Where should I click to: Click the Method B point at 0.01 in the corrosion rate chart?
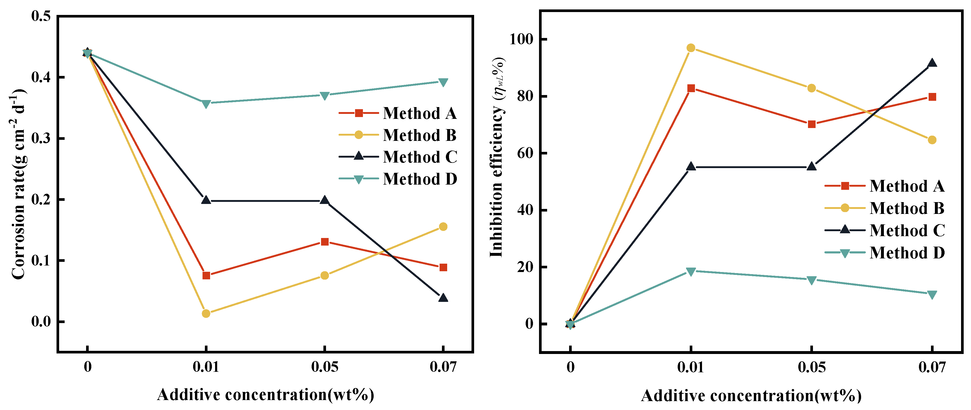(x=206, y=313)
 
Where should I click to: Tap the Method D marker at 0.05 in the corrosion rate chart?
(x=324, y=95)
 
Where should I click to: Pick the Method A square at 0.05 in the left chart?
(x=324, y=242)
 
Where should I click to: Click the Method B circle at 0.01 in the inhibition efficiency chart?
(x=691, y=48)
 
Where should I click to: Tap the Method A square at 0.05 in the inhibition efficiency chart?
(x=812, y=124)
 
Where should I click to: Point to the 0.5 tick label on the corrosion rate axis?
(x=41, y=16)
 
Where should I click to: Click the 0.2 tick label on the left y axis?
(x=41, y=200)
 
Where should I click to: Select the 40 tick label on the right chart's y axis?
(x=525, y=210)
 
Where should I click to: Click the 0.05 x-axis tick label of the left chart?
(x=324, y=367)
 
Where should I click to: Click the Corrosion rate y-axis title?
(x=17, y=185)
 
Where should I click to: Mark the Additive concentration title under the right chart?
(x=751, y=396)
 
